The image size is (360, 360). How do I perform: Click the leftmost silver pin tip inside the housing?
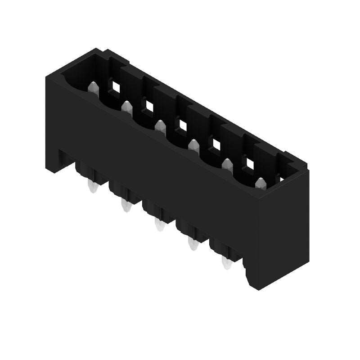pyautogui.click(x=93, y=87)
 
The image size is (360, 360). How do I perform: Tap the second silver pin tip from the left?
pyautogui.click(x=126, y=107)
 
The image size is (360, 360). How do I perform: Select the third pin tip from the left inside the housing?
pyautogui.click(x=160, y=126)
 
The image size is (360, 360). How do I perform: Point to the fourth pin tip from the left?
pyautogui.click(x=193, y=145)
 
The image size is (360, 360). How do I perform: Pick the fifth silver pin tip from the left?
pyautogui.click(x=227, y=164)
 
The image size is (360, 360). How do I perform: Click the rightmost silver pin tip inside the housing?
pyautogui.click(x=260, y=183)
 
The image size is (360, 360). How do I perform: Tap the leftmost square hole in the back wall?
pyautogui.click(x=116, y=88)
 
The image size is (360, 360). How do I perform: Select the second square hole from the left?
pyautogui.click(x=148, y=106)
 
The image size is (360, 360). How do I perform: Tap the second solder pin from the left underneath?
pyautogui.click(x=126, y=206)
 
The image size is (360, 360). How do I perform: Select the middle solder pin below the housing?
pyautogui.click(x=159, y=225)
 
